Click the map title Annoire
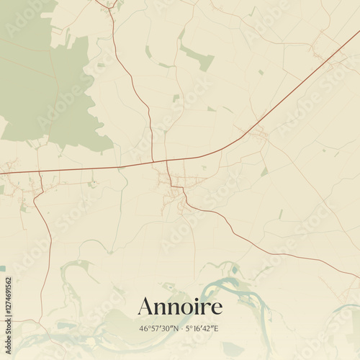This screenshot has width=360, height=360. click(180, 306)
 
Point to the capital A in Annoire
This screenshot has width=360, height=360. click(146, 306)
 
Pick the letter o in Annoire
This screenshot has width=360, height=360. click(185, 309)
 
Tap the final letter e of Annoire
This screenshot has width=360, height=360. click(216, 309)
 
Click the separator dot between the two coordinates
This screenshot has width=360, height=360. click(180, 328)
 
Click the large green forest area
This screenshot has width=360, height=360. click(43, 79)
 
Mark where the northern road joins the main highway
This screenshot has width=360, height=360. click(153, 161)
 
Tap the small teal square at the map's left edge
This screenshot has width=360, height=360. click(2, 269)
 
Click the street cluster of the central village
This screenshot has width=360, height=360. click(175, 189)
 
